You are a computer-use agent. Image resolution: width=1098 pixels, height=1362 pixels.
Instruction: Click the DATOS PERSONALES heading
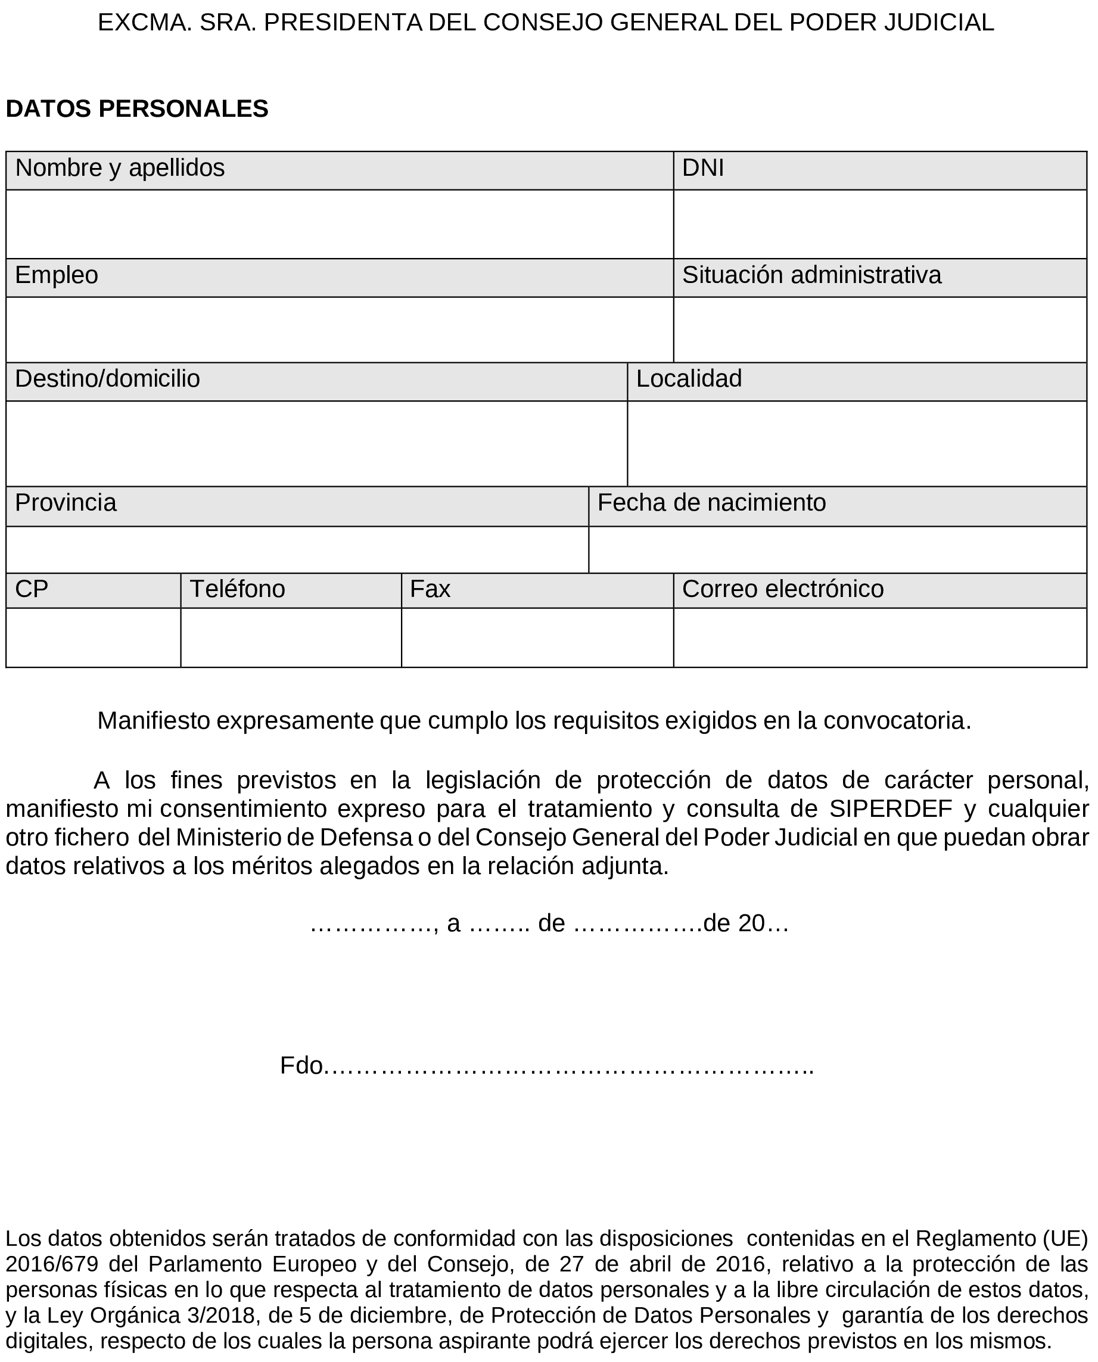click(136, 109)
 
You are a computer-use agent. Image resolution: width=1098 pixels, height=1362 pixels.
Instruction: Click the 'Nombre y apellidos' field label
click(120, 168)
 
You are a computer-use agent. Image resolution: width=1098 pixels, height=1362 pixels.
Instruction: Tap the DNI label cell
click(702, 168)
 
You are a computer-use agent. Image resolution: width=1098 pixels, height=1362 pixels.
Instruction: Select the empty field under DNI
click(879, 224)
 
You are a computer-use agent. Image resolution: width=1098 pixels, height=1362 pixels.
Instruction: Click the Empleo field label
click(56, 276)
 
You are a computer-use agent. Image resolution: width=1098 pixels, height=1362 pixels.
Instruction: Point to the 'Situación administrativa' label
click(811, 276)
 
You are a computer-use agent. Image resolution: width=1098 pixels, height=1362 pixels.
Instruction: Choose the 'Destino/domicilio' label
click(107, 379)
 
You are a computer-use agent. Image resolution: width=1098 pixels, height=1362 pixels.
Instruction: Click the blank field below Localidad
click(856, 443)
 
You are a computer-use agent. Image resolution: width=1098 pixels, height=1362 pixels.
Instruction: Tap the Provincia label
click(66, 503)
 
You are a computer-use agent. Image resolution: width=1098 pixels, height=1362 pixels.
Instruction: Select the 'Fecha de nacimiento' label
click(711, 503)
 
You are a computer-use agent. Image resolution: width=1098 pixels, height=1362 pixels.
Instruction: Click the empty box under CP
click(93, 638)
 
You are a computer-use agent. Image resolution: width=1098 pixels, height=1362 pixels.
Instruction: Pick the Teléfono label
click(237, 590)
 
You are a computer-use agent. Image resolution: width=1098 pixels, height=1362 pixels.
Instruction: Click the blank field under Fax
click(537, 638)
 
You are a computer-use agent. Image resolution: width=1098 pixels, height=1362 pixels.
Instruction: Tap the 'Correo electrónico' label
click(782, 590)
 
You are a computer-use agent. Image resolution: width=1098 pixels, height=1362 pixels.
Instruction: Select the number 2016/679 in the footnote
click(52, 1264)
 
